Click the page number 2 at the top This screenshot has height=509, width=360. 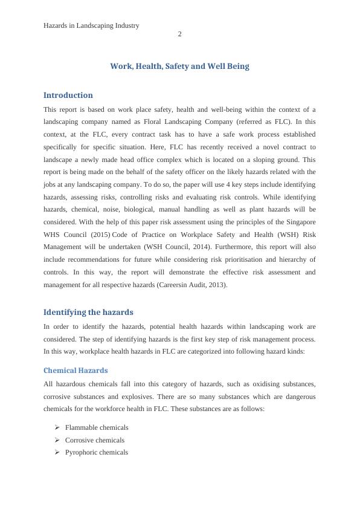(179, 34)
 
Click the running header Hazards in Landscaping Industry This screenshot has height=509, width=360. (92, 25)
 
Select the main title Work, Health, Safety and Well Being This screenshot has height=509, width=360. (179, 66)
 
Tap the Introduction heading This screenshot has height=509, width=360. (68, 95)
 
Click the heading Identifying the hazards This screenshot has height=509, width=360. (88, 312)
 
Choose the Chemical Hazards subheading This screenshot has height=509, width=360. (76, 370)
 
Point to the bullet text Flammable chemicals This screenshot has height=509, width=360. (97, 427)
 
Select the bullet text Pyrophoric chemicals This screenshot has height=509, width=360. (97, 452)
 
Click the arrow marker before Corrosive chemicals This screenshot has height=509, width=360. (57, 440)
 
